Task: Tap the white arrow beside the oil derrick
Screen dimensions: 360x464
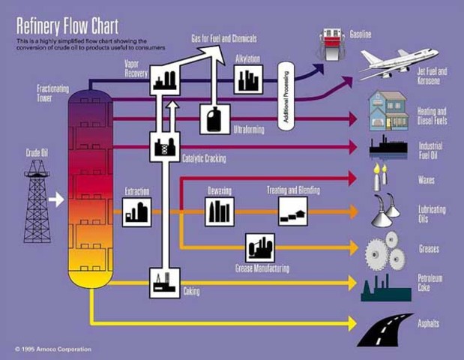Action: [x=56, y=199]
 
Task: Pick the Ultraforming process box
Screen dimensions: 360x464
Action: [x=215, y=118]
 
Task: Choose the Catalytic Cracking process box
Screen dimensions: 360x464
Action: [x=164, y=147]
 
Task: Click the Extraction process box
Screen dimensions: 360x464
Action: [x=137, y=212]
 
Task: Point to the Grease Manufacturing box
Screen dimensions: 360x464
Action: [x=260, y=247]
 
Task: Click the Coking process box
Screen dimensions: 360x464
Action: [x=164, y=283]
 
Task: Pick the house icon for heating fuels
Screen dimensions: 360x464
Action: [x=388, y=110]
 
